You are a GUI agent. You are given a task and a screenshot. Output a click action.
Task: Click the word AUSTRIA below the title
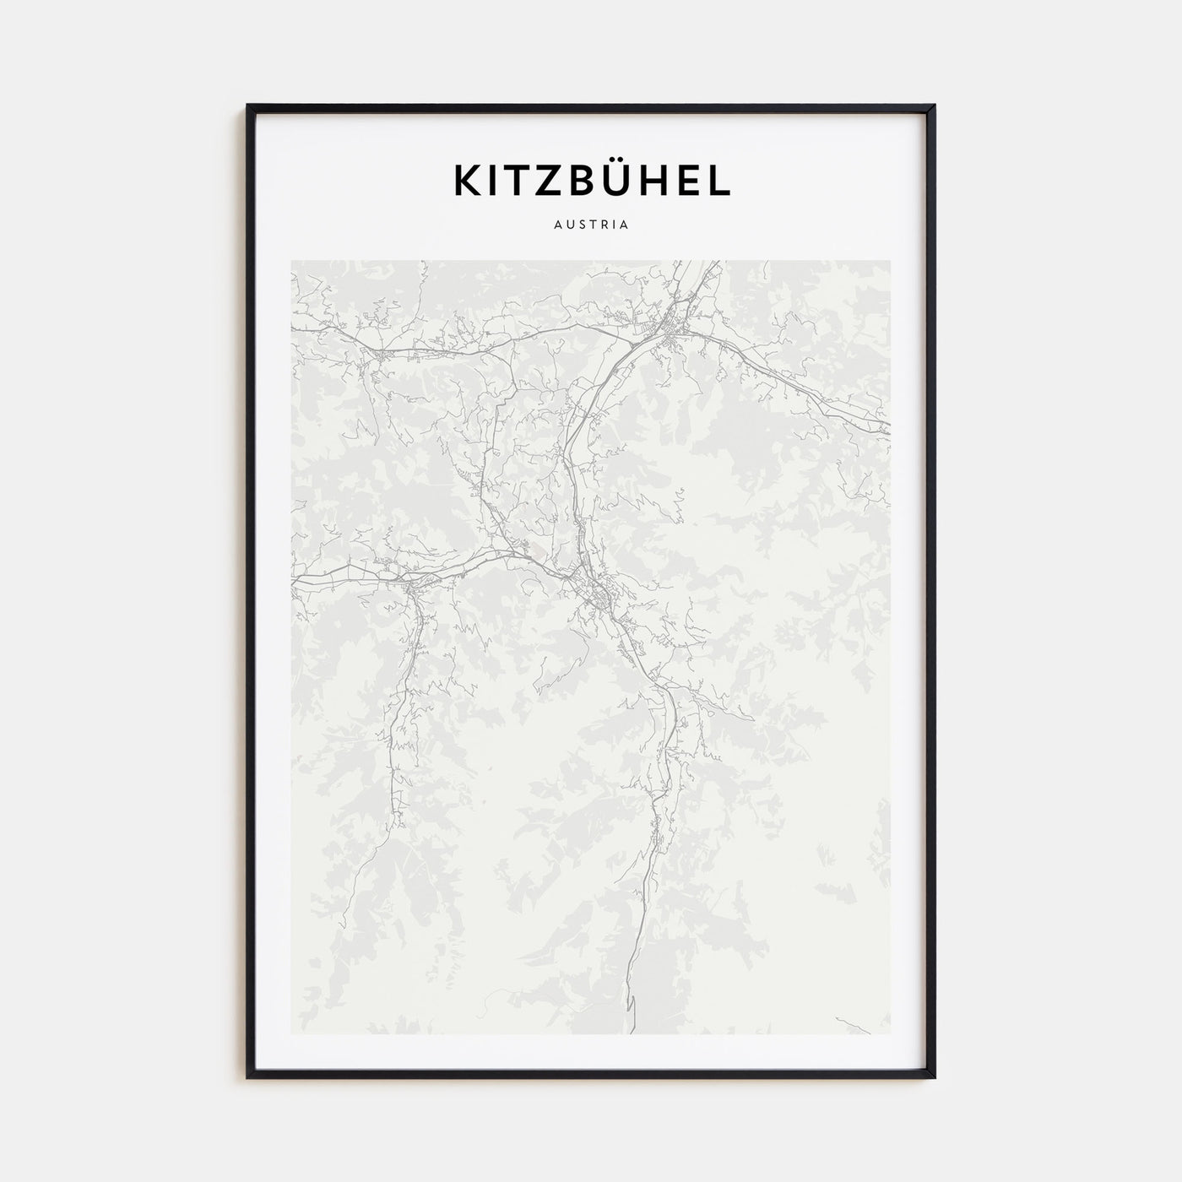point(591,225)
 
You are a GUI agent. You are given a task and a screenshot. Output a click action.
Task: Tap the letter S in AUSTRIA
point(580,225)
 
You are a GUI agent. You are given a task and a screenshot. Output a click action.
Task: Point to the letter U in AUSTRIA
point(568,225)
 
